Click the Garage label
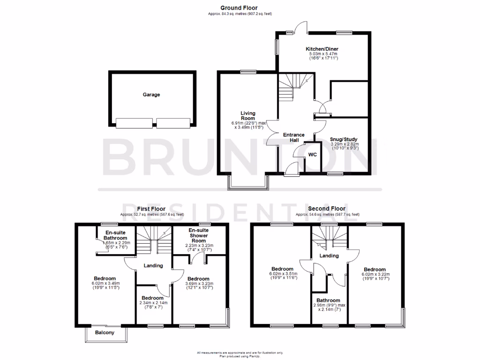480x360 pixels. tap(151, 95)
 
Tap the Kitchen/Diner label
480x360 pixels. tap(322, 49)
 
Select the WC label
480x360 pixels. tap(312, 154)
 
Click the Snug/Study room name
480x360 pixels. tap(344, 140)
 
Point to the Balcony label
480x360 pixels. tap(105, 333)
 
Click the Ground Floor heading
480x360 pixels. tap(240, 7)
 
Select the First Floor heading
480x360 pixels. tap(151, 209)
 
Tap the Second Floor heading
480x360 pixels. tap(327, 209)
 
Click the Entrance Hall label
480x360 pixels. tap(294, 138)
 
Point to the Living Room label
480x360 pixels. tap(248, 116)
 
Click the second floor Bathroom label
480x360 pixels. tap(328, 300)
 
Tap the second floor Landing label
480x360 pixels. tap(329, 255)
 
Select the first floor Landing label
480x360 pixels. tap(153, 266)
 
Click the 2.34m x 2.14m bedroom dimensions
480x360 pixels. tap(153, 303)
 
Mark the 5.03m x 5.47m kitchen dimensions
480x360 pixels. tap(322, 54)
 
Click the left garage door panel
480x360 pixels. tap(134, 123)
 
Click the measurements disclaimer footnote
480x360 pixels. tap(240, 352)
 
